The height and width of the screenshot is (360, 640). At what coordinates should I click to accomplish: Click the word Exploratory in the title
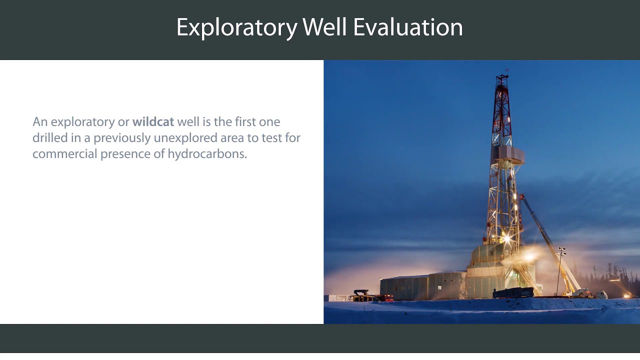pyautogui.click(x=236, y=28)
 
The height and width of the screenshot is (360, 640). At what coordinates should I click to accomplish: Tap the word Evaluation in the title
pyautogui.click(x=408, y=27)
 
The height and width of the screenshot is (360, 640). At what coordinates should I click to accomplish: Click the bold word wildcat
pyautogui.click(x=153, y=121)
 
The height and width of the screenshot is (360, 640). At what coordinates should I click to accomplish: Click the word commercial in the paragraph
pyautogui.click(x=64, y=153)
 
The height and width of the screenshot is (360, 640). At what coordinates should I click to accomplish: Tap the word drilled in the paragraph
pyautogui.click(x=48, y=137)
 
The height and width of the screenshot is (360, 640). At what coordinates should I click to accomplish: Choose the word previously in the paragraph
pyautogui.click(x=121, y=137)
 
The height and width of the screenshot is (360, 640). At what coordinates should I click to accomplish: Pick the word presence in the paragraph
pyautogui.click(x=126, y=153)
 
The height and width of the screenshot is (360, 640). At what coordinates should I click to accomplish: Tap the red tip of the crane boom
pyautogui.click(x=521, y=196)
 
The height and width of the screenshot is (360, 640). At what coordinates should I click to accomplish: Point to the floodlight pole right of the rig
pyautogui.click(x=560, y=270)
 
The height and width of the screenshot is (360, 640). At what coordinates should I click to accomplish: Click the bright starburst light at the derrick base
pyautogui.click(x=506, y=238)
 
